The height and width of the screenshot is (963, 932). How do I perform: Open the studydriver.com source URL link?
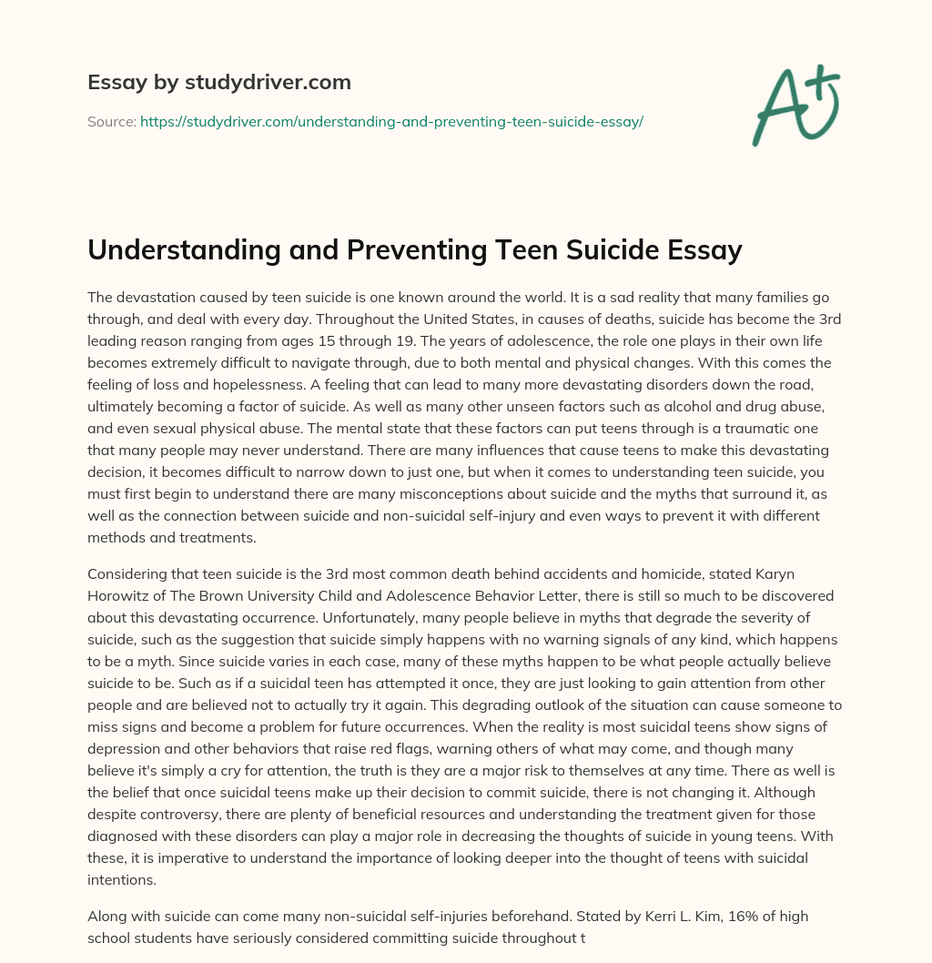pyautogui.click(x=391, y=121)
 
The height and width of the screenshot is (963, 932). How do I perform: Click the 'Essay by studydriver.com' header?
pyautogui.click(x=219, y=82)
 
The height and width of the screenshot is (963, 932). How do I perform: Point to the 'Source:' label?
pyautogui.click(x=111, y=121)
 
